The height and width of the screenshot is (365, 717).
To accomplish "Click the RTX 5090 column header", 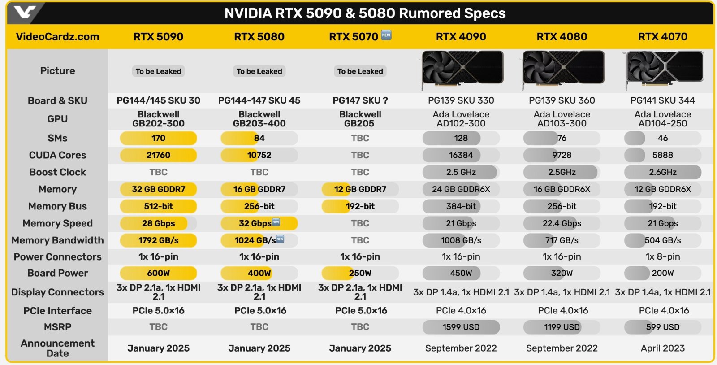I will coord(158,37).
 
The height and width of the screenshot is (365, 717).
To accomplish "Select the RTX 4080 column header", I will coord(562,37).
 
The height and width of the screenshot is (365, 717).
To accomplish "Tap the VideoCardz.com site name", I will coord(57,37).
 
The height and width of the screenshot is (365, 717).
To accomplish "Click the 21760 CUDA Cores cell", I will coord(158,155).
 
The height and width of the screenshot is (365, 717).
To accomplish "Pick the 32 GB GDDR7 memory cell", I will coord(158,189).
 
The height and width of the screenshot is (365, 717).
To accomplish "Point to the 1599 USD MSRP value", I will coord(461,327).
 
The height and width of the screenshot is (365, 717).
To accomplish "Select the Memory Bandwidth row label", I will coord(57,240).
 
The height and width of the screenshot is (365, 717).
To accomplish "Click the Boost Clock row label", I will coord(57,172).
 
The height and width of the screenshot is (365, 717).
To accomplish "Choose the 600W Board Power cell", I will coord(158,273).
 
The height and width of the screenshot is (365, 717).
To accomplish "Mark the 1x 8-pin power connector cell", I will coord(662,256).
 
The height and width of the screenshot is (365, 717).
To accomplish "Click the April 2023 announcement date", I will coord(662,348).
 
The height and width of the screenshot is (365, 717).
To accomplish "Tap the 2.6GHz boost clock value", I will coord(662,172).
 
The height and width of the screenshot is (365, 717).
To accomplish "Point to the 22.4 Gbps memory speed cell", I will coord(562,223).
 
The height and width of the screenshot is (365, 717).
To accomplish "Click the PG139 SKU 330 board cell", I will coord(461,100).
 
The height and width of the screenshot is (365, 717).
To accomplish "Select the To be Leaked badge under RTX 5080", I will coord(259,71).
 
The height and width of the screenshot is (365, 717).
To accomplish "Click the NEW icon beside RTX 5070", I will coord(386,35).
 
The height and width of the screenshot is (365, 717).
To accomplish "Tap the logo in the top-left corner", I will coord(25,13).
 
